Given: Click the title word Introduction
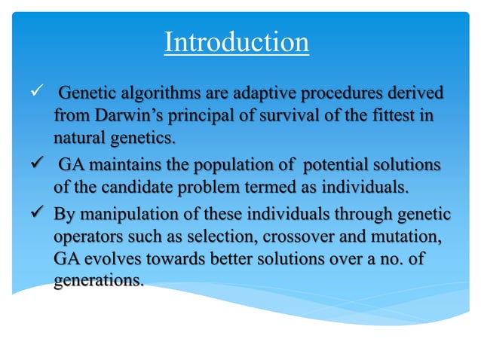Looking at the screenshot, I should (x=237, y=42).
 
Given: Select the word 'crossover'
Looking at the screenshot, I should (x=291, y=236).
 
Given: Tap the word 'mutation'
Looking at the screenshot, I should (x=410, y=236).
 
